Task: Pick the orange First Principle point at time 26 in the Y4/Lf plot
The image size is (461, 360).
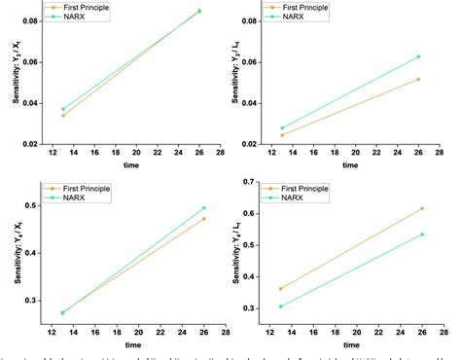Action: point(420,208)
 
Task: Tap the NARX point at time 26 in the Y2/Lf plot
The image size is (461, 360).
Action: point(419,56)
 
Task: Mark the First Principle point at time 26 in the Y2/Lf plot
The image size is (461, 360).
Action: point(419,79)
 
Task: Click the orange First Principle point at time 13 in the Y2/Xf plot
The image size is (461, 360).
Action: point(62,115)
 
